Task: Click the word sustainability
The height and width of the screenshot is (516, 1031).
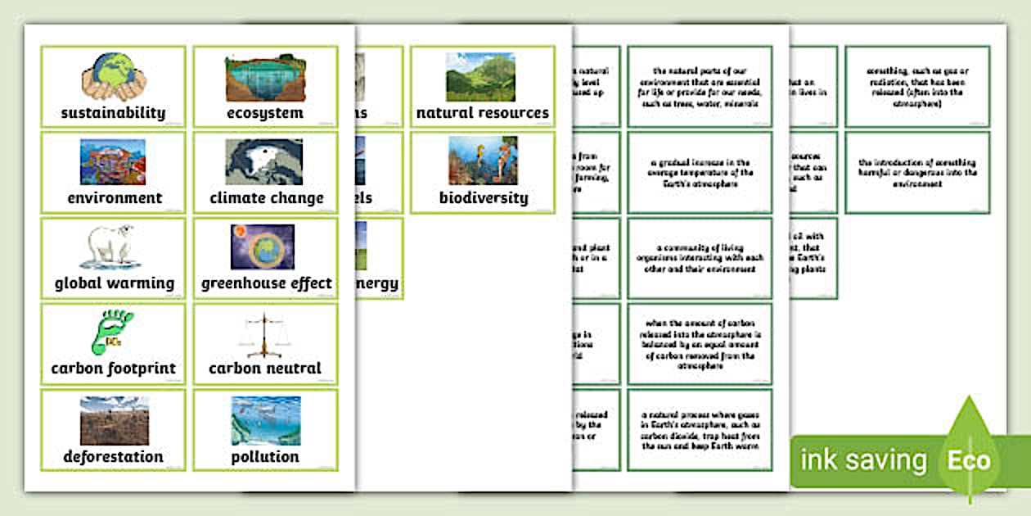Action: point(113,113)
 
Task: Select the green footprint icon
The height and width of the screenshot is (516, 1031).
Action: point(111,333)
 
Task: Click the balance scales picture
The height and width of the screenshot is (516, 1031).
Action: point(263,333)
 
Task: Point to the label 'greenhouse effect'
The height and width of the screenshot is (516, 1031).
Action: point(267,283)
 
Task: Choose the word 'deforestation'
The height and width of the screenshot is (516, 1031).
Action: point(113,456)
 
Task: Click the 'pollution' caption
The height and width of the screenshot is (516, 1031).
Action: point(265,456)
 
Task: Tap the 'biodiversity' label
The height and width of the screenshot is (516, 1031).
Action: point(484,197)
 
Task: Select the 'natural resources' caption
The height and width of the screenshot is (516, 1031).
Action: point(483,113)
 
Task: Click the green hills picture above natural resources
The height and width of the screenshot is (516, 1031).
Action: point(480,76)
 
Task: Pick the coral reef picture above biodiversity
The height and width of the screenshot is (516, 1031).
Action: point(482,161)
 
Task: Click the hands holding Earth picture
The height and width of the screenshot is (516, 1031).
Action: point(113,76)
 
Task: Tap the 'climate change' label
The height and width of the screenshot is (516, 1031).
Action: point(267,197)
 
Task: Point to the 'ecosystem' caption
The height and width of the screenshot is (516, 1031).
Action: point(265,113)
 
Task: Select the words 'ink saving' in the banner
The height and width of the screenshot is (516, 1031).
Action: point(863,460)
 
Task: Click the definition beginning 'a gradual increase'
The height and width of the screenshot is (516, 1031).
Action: point(699,174)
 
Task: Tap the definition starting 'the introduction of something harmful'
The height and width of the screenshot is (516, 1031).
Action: point(917,173)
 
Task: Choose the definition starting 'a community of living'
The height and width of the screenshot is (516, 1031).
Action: point(699,258)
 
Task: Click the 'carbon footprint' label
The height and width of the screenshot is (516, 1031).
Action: point(113,369)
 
